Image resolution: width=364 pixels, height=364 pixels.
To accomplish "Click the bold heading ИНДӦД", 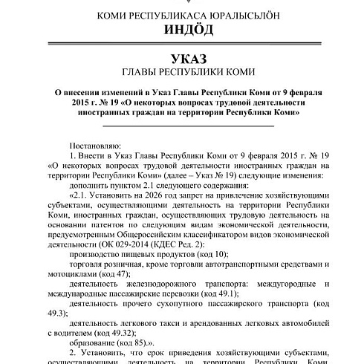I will [182, 30].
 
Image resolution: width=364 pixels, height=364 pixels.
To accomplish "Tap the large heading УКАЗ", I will [182, 58].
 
